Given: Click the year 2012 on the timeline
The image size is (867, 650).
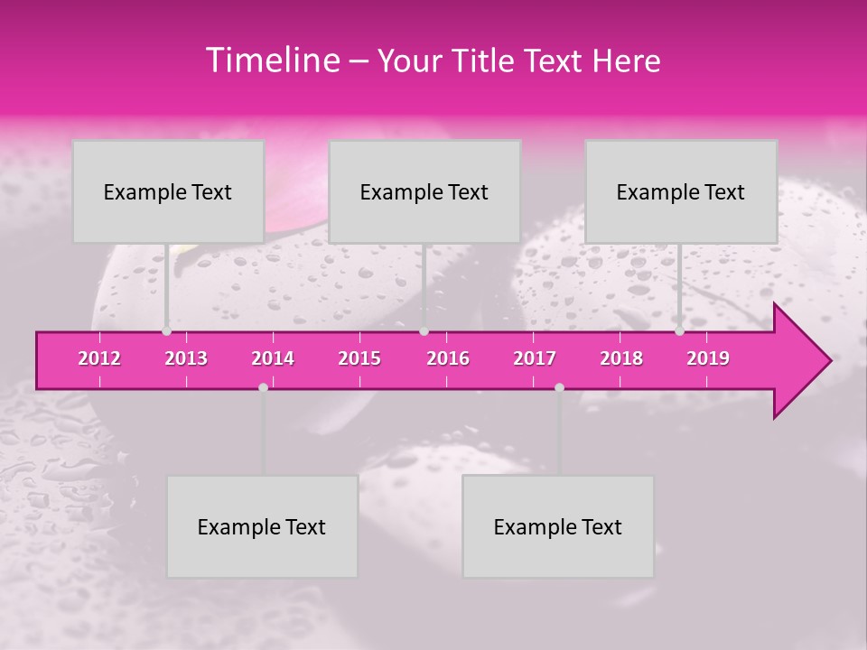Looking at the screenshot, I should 99,358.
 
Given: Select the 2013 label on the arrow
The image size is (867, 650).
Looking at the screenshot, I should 186,358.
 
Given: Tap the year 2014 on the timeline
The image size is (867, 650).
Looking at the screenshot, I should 273,358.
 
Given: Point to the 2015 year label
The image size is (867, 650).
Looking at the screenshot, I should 359,358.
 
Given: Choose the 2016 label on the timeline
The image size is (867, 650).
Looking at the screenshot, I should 448,358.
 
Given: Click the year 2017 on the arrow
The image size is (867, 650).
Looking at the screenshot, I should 535,358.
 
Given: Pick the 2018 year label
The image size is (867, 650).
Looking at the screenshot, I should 621,358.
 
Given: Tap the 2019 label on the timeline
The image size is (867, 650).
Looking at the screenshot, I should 708,358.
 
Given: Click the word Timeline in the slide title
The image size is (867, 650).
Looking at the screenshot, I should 272,60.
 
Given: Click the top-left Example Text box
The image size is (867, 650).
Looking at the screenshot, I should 168,191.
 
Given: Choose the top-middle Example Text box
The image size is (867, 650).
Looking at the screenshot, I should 424,191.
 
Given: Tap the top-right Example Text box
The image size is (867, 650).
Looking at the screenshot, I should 681,191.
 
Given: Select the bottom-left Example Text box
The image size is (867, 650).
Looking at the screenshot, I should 262,526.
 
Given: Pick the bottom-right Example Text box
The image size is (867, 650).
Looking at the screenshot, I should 558,526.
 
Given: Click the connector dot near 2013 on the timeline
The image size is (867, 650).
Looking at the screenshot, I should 166,331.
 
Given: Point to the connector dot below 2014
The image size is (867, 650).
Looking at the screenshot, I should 263,387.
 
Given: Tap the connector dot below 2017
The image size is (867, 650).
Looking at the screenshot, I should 559,387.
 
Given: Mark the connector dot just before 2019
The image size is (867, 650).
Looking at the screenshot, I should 679,331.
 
